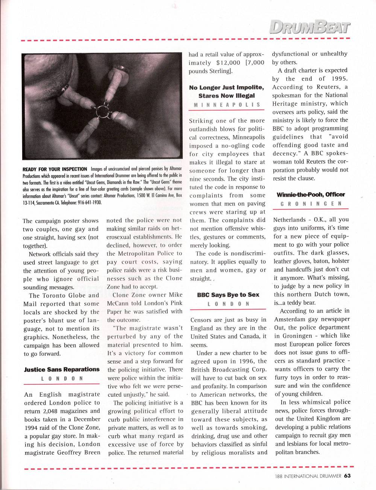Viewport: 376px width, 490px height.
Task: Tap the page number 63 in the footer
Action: click(x=347, y=476)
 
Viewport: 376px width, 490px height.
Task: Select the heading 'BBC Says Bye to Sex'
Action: click(x=228, y=295)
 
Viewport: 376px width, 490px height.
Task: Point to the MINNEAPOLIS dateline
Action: click(x=227, y=105)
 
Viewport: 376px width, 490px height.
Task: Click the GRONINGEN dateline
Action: click(x=311, y=203)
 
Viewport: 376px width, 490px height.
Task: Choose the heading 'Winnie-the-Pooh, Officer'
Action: click(x=311, y=194)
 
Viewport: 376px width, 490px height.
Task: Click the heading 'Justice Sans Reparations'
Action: click(x=62, y=369)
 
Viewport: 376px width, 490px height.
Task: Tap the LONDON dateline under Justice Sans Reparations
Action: click(x=62, y=379)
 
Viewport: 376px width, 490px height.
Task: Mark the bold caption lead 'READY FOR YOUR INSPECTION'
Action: click(x=55, y=169)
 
